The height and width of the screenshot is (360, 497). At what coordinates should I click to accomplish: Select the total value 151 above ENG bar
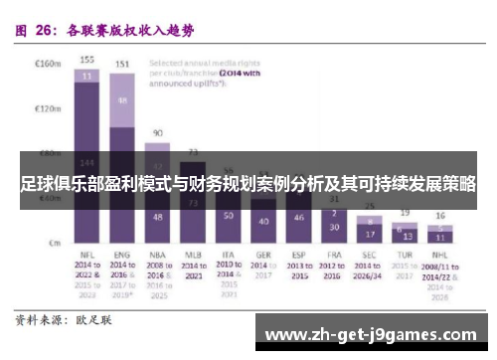coord(123,64)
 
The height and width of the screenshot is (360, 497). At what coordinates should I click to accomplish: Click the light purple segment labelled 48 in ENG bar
coord(123,101)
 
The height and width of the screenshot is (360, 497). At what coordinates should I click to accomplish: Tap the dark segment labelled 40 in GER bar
coord(263,221)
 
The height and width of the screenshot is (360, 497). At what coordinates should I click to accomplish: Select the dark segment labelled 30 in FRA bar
coord(335,227)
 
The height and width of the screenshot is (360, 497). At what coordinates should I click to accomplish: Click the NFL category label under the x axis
coord(87,255)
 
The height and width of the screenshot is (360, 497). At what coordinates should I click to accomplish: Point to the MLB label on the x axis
coord(194,255)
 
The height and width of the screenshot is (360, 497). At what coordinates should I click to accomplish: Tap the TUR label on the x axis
coord(405,255)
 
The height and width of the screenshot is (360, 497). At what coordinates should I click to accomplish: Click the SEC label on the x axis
coord(370,255)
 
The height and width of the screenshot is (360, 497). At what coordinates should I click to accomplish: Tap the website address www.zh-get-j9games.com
coord(374,333)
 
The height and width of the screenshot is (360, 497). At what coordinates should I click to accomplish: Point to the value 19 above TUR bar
coord(405,213)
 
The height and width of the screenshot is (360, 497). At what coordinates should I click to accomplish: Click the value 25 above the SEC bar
coord(370,206)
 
